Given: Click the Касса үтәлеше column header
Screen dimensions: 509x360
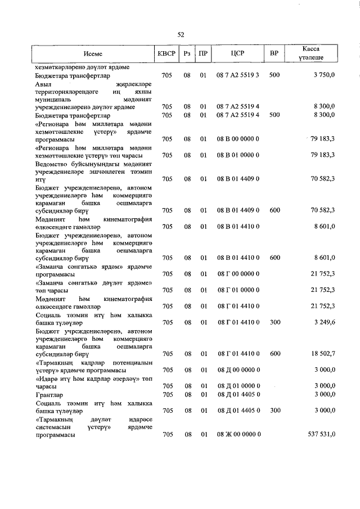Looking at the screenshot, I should (x=311, y=54).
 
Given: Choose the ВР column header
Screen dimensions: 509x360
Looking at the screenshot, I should (x=274, y=54).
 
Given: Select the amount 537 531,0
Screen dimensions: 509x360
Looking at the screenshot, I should (x=318, y=435).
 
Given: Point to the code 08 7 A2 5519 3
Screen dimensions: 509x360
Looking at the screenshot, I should (x=238, y=75).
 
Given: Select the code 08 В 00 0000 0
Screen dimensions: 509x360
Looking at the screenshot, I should (x=238, y=138).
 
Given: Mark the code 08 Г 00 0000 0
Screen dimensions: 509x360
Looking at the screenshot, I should (x=238, y=273).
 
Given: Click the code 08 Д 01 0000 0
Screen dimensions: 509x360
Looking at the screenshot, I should (x=238, y=386).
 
